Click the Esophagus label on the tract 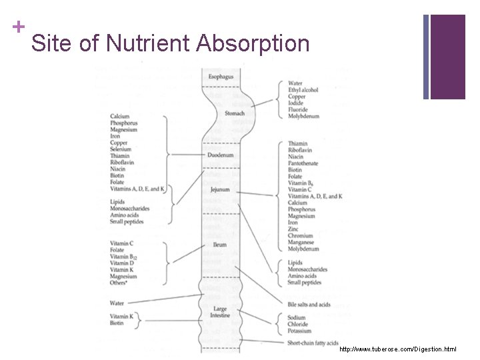click(x=221, y=78)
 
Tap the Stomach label click(x=234, y=113)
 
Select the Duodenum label click(x=221, y=155)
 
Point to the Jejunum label click(x=220, y=189)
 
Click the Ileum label click(x=220, y=245)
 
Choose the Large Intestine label click(x=220, y=312)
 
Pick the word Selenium click(x=123, y=149)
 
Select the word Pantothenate click(x=303, y=163)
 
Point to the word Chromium click(x=301, y=236)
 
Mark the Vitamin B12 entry click(x=125, y=257)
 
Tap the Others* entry click(x=121, y=283)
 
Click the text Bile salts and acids click(x=309, y=305)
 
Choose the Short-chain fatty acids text click(x=314, y=343)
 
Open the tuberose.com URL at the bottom click(x=397, y=349)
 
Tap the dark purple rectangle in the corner click(x=448, y=57)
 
